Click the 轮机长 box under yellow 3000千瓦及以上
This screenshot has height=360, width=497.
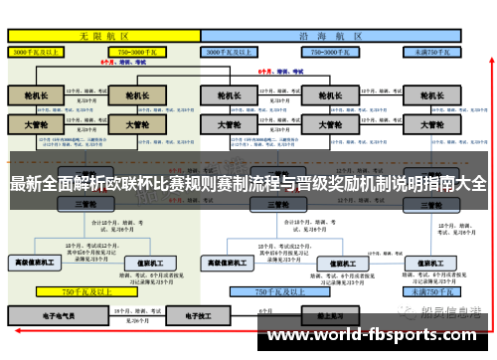[x=36, y=97]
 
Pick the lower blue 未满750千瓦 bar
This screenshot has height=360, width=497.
[x=433, y=292]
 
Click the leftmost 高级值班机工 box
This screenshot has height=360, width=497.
[x=36, y=262]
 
